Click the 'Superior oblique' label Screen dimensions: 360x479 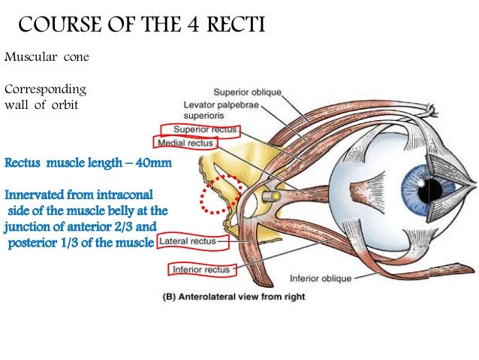click(247, 92)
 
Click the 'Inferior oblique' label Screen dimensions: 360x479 click(342, 277)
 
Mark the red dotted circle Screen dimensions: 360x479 click(218, 195)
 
